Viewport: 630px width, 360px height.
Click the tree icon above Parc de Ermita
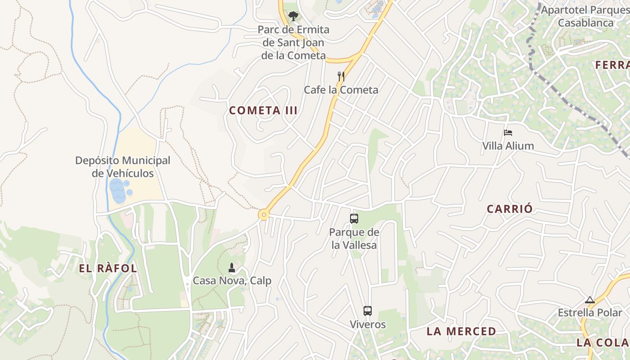point(293,16)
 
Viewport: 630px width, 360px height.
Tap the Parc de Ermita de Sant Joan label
point(293,43)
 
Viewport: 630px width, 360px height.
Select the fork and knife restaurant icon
point(341,76)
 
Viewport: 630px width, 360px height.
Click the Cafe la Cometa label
point(341,90)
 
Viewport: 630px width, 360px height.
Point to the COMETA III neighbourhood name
point(263,111)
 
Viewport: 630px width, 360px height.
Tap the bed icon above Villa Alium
point(508,133)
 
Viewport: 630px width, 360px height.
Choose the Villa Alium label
point(508,146)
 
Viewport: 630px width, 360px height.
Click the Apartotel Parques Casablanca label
point(585,16)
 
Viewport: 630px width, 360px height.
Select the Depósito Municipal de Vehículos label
point(122,167)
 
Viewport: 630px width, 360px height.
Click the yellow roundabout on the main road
point(263,215)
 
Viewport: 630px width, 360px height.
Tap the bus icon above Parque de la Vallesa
point(354,219)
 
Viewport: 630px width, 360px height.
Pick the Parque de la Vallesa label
point(354,238)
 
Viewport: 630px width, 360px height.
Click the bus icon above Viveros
point(368,311)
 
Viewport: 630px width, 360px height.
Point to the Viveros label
point(368,324)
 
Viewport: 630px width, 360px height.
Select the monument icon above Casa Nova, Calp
point(232,268)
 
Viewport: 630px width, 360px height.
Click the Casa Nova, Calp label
point(232,281)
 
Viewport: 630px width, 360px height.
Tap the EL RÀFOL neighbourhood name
point(108,269)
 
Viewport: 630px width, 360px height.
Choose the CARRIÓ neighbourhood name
point(510,209)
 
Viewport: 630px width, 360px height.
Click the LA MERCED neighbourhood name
point(461,332)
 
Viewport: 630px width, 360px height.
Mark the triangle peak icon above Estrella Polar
point(589,300)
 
